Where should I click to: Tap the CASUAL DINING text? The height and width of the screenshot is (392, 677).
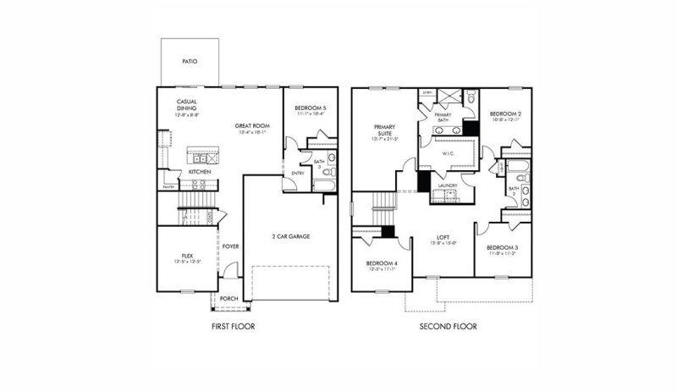point(187,105)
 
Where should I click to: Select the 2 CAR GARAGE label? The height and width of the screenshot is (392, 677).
point(290,236)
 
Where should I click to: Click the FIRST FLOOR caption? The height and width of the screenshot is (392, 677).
point(233,326)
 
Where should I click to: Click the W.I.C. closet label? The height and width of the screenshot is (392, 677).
point(450,153)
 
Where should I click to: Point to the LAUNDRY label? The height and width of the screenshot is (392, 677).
point(449,185)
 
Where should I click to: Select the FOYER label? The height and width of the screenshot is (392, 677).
point(231,246)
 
